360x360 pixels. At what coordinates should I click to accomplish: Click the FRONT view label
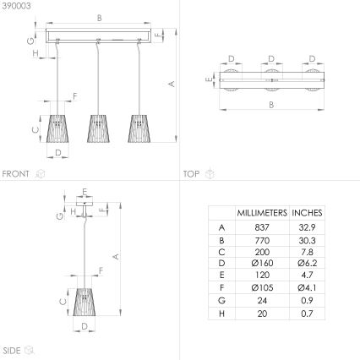(x=16, y=173)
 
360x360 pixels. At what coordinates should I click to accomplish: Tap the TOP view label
(x=191, y=173)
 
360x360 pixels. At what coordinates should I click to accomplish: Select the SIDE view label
(x=12, y=349)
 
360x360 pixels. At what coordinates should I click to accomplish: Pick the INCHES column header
(x=307, y=213)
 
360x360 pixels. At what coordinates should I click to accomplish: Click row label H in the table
(x=222, y=314)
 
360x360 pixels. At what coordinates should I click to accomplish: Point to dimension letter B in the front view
(x=100, y=17)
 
